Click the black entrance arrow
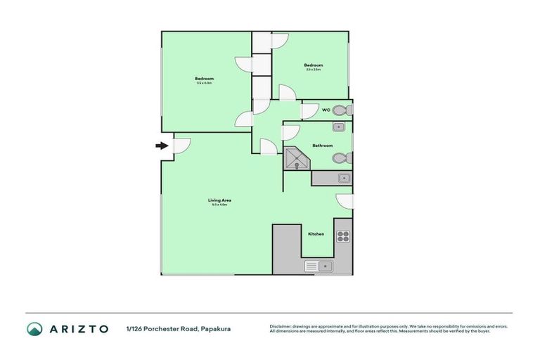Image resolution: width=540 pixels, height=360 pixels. (x=162, y=146)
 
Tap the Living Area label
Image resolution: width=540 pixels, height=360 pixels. (x=219, y=200)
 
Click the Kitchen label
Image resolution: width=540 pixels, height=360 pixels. (x=316, y=233)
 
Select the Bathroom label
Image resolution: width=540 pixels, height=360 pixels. (x=323, y=146)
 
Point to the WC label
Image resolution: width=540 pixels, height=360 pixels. (x=326, y=110)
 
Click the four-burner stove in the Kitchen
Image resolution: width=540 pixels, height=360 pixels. (x=343, y=236)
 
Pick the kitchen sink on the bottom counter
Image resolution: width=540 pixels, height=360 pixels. (x=320, y=266)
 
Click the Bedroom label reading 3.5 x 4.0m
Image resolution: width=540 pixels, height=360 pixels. (x=205, y=78)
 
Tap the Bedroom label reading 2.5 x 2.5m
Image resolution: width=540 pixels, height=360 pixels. (x=314, y=65)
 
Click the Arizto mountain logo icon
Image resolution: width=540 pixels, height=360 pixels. (x=34, y=328)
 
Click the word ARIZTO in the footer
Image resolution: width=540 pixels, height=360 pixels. (x=79, y=328)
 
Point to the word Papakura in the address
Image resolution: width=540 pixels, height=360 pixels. (x=216, y=328)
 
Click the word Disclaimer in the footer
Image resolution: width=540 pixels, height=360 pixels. (x=281, y=326)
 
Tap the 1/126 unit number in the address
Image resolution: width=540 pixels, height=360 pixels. (x=133, y=328)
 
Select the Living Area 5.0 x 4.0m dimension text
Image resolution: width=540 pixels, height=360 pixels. (x=219, y=205)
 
